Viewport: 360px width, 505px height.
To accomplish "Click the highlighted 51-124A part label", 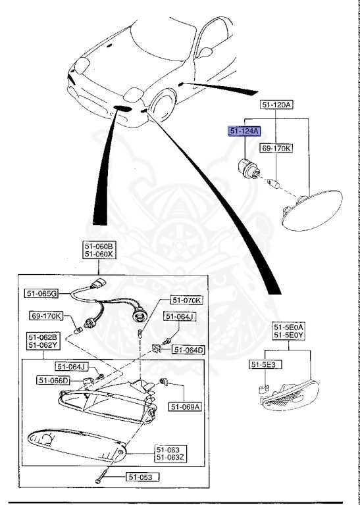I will point(245,132).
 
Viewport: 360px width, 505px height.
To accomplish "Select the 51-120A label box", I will point(277,105).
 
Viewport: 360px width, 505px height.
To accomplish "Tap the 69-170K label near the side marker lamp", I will point(276,148).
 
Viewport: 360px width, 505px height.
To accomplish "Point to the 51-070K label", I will point(186,301).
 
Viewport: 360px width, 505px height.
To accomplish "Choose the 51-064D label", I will point(188,350).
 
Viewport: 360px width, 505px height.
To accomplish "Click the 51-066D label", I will point(53,380).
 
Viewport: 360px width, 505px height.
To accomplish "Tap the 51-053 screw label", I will point(139,478).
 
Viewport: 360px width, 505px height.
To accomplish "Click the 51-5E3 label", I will point(260,364).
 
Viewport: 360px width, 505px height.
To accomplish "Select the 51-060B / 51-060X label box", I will point(98,251).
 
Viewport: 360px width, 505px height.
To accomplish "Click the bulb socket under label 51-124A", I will point(248,169).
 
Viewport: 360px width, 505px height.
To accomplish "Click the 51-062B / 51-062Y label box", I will point(42,341).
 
